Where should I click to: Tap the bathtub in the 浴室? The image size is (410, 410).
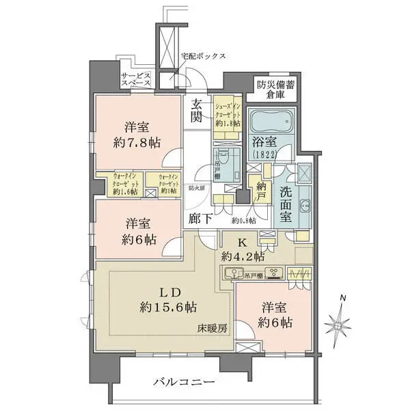point(267,123)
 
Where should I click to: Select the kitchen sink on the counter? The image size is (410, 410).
point(236,274)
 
